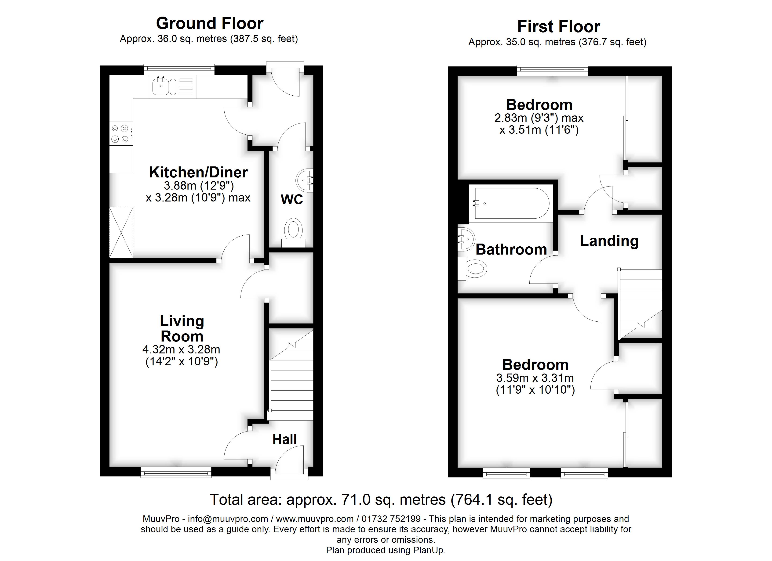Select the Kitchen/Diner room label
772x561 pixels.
(198, 173)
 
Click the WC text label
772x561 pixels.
(292, 200)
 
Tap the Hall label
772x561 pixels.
(284, 439)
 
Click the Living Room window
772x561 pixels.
(176, 472)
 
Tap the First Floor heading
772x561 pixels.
(559, 27)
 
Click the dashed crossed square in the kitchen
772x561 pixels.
(121, 232)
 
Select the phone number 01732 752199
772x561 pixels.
(391, 519)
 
